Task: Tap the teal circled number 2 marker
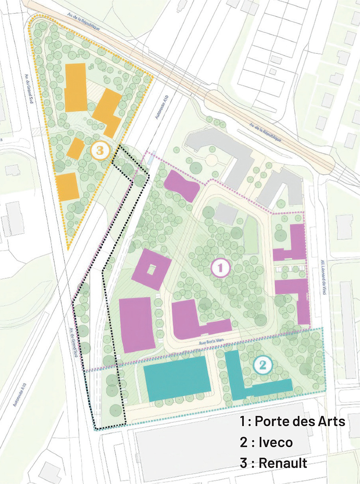pos(263,365)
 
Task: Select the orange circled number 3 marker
pos(100,151)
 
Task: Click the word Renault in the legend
pos(281,462)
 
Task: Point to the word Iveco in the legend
pos(276,442)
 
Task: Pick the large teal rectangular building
pos(178,379)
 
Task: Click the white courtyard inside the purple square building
pos(152,269)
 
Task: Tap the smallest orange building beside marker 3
pos(75,148)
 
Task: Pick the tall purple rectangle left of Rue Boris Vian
pos(136,324)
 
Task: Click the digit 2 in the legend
pos(243,442)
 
